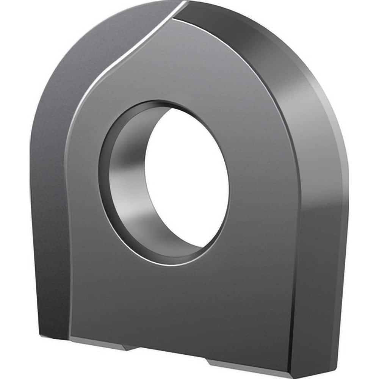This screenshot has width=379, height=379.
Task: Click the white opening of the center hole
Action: point(188,178)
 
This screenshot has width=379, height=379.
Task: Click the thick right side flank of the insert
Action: point(318,246)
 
